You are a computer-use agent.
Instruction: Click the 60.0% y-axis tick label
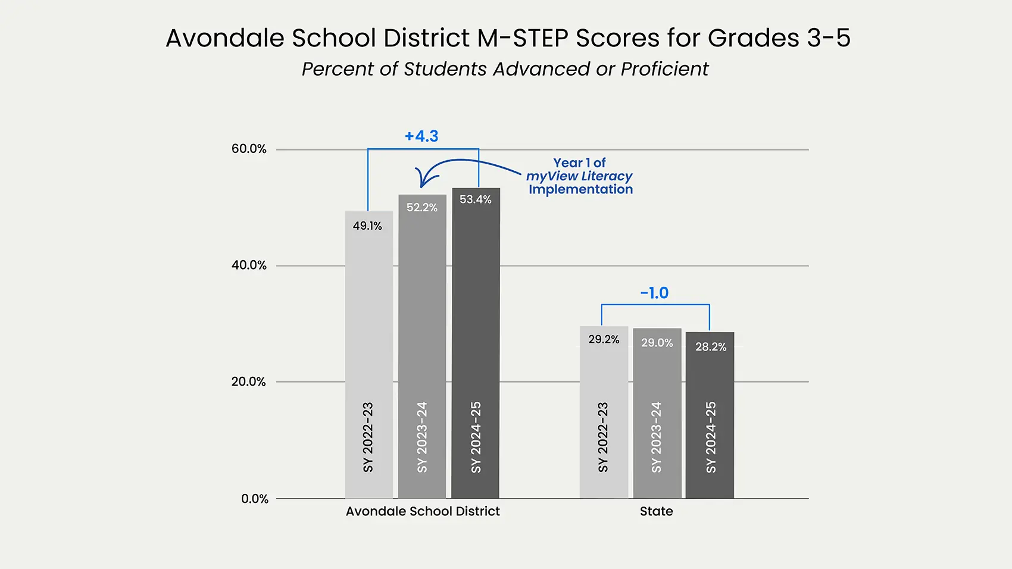(x=249, y=149)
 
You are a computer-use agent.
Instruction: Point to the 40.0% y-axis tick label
(x=249, y=265)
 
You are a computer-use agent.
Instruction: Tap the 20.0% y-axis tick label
(x=249, y=382)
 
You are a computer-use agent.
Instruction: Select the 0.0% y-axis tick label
(x=255, y=499)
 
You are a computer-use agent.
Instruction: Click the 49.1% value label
(x=367, y=226)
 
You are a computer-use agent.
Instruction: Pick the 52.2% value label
(x=421, y=208)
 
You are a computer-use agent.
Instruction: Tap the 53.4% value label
(x=475, y=199)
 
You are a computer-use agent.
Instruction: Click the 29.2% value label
(x=604, y=339)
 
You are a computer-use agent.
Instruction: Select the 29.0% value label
(x=657, y=343)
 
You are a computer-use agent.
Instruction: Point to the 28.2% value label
(x=711, y=347)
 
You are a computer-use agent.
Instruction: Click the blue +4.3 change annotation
(x=421, y=136)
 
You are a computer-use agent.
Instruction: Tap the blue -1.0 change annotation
(x=654, y=293)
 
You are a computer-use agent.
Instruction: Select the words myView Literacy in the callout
(x=579, y=176)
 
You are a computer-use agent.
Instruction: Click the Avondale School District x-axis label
(x=423, y=511)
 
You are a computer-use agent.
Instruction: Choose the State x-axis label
(x=656, y=511)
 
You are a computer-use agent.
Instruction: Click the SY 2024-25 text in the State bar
(x=711, y=437)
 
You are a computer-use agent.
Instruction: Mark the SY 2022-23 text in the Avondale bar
(x=368, y=437)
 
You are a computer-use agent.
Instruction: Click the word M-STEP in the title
(x=522, y=38)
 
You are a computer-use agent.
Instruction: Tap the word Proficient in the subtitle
(x=664, y=69)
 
